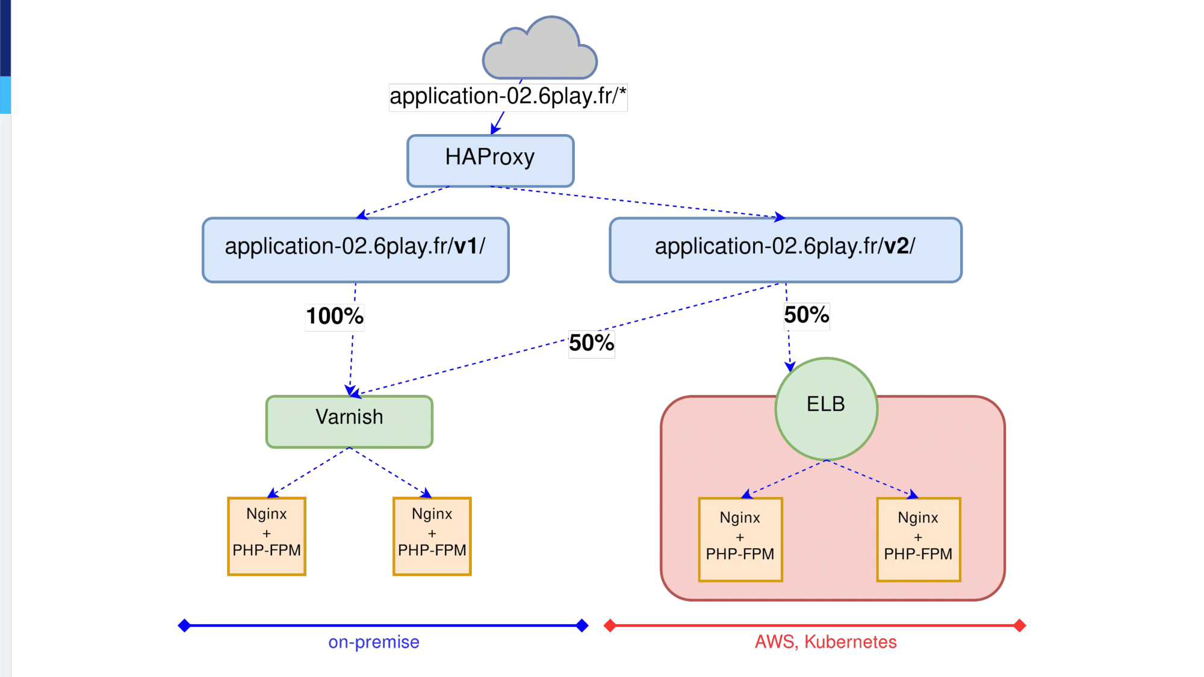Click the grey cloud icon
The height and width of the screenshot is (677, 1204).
point(539,48)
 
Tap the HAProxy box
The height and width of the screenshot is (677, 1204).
point(491,161)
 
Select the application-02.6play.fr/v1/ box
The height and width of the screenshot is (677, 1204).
point(356,250)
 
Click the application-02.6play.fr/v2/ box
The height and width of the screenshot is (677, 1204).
point(786,250)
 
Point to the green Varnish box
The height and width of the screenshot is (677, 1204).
point(349,421)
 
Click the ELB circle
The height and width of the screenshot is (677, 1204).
point(827,409)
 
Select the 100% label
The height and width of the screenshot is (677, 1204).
point(335,317)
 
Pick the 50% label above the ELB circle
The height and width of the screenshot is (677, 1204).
point(807,315)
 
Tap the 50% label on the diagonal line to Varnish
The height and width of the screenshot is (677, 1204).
point(592,344)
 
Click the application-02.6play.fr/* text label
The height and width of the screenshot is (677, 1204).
point(508,97)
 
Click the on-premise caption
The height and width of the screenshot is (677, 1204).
point(374,642)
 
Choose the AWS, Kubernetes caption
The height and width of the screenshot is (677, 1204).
point(826,642)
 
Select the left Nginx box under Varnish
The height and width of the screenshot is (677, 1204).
point(267,536)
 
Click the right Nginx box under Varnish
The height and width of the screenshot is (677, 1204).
point(432,536)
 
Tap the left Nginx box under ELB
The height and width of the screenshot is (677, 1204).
point(740,540)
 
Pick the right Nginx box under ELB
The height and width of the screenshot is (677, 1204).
point(919,540)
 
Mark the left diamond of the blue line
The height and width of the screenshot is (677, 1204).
point(184,626)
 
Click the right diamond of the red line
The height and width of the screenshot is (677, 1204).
point(1020,626)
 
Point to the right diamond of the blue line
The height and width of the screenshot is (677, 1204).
point(582,626)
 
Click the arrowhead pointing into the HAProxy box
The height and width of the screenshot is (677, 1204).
point(495,128)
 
